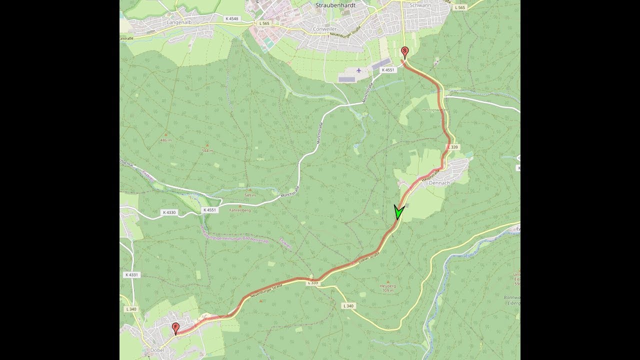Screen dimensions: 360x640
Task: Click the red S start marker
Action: point(405,51)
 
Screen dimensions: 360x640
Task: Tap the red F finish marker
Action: point(175,327)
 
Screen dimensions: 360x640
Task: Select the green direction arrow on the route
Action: point(398,212)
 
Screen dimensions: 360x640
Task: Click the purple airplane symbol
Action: point(358,70)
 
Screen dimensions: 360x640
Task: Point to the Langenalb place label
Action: point(179,22)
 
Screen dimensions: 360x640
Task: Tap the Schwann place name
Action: point(420,5)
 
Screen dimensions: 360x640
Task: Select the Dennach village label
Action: point(439,183)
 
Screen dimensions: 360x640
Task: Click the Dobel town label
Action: point(157,350)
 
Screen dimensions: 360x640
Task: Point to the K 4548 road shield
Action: point(232,18)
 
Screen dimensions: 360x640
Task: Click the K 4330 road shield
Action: point(169,212)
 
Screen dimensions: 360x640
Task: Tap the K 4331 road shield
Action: point(131,275)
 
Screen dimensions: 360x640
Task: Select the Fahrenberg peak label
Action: point(239,210)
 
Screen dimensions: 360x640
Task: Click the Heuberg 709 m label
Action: point(387,288)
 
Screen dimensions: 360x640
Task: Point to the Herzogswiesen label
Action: point(435,109)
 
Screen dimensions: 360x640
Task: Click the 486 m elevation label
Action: point(165,140)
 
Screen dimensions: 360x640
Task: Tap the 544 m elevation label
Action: point(207,150)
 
